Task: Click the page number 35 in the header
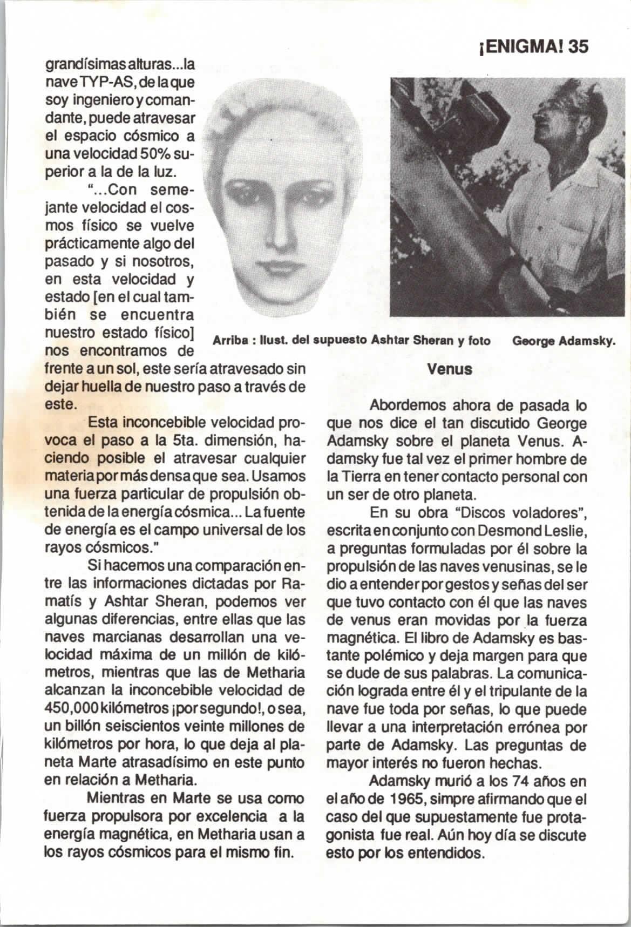click(x=575, y=47)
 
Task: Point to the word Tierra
click(x=362, y=477)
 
